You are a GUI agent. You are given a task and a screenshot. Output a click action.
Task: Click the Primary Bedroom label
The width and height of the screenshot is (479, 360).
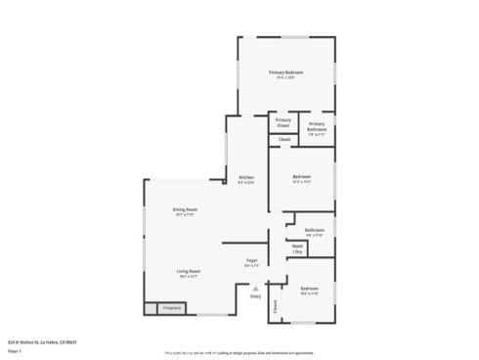point(286,73)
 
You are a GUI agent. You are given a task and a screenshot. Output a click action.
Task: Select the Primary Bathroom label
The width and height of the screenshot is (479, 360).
point(317,126)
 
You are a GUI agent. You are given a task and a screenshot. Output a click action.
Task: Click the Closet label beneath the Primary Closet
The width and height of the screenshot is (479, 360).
point(284,140)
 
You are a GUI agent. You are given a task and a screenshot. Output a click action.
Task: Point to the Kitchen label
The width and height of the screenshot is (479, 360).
point(246,177)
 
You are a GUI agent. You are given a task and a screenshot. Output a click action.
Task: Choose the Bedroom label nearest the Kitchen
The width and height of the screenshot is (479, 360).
point(301,177)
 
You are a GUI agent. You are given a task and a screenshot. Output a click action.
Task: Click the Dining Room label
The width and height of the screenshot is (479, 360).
point(185,210)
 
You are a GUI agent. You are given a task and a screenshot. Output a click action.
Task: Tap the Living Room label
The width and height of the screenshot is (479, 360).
point(189,271)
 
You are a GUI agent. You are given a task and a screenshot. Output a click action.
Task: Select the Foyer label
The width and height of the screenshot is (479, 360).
point(251,260)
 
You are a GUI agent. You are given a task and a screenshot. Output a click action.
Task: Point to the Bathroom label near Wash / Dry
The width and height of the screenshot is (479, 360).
point(314,232)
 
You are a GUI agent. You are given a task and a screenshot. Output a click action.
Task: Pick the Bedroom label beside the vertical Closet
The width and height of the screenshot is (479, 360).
point(309,290)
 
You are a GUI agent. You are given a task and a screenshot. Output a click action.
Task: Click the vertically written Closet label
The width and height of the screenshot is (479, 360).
point(276,305)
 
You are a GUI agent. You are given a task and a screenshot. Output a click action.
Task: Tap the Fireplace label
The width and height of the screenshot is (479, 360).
point(172,308)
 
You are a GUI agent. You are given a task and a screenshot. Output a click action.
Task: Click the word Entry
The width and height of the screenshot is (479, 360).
point(255,296)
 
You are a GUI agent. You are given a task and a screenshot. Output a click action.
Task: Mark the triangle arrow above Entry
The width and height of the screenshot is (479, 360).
point(255,288)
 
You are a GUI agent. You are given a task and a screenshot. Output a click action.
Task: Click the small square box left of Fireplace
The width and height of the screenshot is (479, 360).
point(151,308)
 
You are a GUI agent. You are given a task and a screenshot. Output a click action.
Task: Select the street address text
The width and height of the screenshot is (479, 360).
point(42,342)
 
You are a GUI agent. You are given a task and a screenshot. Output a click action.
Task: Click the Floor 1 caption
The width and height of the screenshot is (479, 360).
point(15,350)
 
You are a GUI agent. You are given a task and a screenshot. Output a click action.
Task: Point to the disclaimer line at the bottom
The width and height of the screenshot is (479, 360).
point(239,351)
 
